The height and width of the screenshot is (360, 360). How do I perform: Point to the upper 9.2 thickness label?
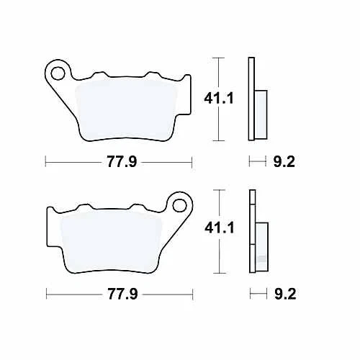point(283,161)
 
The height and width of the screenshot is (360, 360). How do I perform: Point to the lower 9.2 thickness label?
point(283,294)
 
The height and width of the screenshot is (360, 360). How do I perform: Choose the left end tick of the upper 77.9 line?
point(45,161)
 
